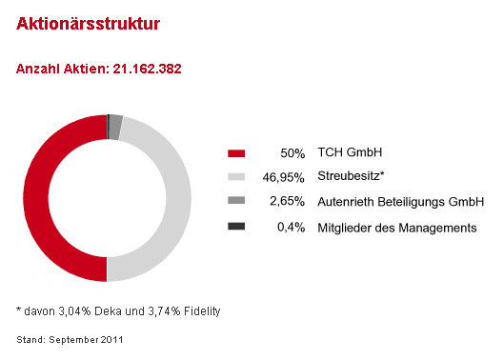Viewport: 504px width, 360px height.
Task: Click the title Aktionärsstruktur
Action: coord(88,25)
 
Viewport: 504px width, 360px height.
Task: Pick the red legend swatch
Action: coord(236,153)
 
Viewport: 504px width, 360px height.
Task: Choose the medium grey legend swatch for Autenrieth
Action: coord(236,202)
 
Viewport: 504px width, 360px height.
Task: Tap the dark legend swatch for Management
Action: coord(236,227)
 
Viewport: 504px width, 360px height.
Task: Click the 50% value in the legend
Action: coord(292,153)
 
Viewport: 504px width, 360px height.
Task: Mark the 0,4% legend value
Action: coord(292,227)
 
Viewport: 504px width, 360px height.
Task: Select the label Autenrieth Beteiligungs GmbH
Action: coord(401,202)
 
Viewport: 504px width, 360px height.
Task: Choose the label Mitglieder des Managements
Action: coord(396,227)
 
